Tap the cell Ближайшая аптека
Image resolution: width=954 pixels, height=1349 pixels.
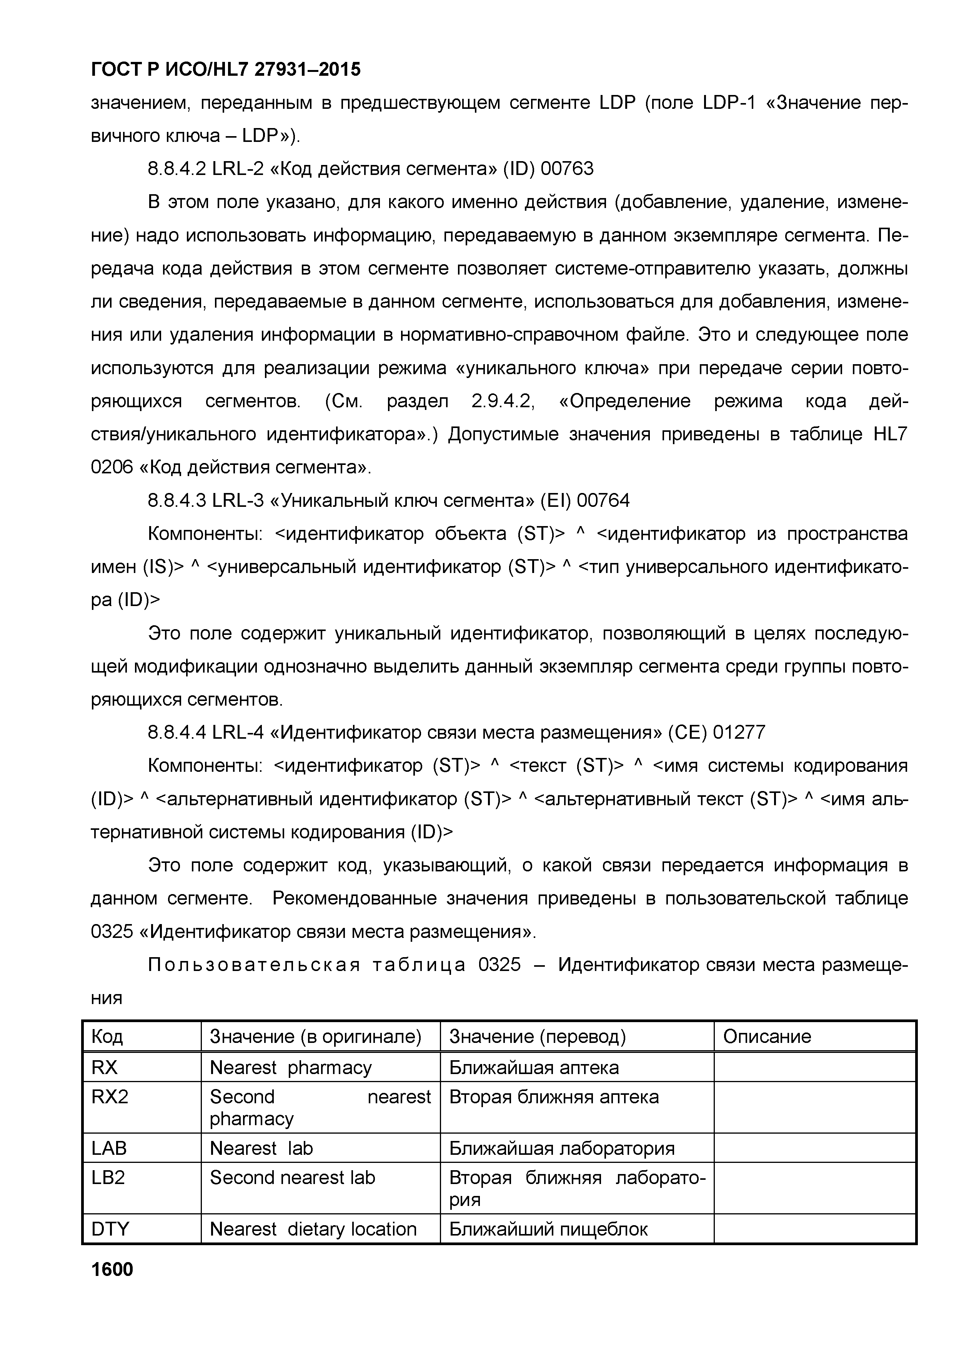(534, 1067)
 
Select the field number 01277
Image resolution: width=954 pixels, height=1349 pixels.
(739, 733)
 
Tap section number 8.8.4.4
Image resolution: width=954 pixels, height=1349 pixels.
(176, 733)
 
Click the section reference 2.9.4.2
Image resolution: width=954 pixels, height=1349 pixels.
(502, 401)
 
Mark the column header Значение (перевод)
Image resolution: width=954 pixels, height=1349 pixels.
(538, 1036)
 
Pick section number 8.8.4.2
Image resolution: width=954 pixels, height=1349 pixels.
(176, 169)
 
